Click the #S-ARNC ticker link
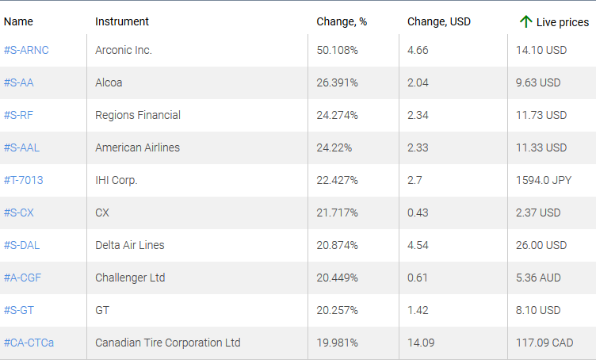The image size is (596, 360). (27, 50)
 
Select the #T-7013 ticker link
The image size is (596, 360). (24, 180)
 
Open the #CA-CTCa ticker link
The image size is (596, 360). (29, 343)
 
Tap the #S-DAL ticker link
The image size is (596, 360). (22, 245)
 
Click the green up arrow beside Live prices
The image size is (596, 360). (525, 21)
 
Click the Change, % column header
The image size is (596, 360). (342, 21)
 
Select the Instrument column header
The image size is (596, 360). (122, 21)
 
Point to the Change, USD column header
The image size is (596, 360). (439, 21)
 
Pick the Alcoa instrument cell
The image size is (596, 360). (109, 82)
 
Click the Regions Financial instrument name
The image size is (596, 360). (138, 115)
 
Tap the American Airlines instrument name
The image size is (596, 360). (137, 147)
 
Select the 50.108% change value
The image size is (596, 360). (337, 50)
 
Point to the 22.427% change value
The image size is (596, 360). (337, 180)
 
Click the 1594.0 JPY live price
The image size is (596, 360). (543, 180)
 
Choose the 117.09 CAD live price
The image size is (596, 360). (544, 343)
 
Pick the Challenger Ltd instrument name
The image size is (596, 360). (131, 278)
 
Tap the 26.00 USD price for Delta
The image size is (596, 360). (541, 245)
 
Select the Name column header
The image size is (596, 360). (18, 21)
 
